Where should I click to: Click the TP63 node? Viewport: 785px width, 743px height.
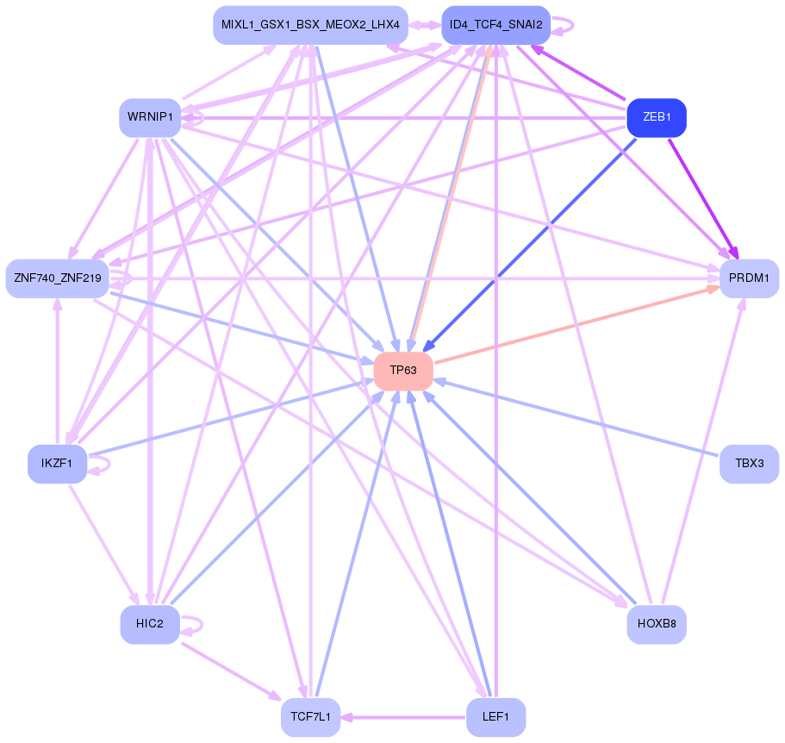(x=402, y=371)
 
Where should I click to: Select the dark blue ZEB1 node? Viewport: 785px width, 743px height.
(x=656, y=118)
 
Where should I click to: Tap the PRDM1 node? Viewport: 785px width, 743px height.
(x=749, y=278)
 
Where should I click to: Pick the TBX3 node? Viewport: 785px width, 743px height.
(x=749, y=464)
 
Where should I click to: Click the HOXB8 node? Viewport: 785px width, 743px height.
(x=656, y=623)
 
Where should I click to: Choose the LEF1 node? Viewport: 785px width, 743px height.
(x=495, y=717)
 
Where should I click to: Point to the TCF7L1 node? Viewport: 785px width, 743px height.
(x=310, y=717)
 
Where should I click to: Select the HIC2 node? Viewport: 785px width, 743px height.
(x=150, y=623)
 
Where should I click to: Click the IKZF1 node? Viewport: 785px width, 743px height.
(x=57, y=464)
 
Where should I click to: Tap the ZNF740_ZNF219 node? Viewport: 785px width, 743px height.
(x=57, y=278)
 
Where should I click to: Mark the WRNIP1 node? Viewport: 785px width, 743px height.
(x=150, y=117)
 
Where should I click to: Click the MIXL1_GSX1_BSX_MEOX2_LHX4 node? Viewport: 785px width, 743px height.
(x=310, y=25)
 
